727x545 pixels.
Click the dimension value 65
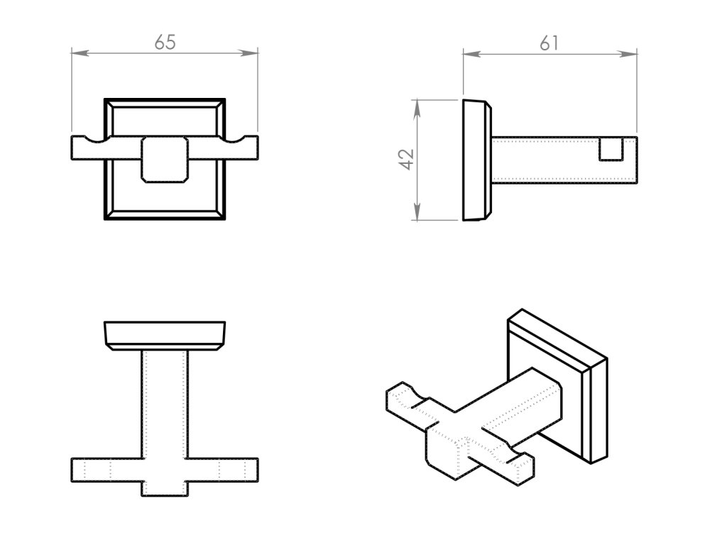pyautogui.click(x=165, y=43)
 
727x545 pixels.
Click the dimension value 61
pyautogui.click(x=549, y=43)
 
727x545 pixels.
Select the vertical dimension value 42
pyautogui.click(x=406, y=160)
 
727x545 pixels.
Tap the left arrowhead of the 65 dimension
pyautogui.click(x=78, y=53)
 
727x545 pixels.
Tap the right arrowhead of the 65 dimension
pyautogui.click(x=252, y=53)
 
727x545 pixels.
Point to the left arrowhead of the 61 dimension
pyautogui.click(x=469, y=53)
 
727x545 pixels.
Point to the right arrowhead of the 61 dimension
pyautogui.click(x=631, y=53)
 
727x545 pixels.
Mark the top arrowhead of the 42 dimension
pyautogui.click(x=417, y=106)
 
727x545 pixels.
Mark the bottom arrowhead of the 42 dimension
pyautogui.click(x=417, y=214)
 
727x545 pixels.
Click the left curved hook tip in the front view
pyautogui.click(x=89, y=138)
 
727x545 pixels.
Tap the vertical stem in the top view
pyautogui.click(x=165, y=401)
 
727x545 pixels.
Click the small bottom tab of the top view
pyautogui.click(x=165, y=489)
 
